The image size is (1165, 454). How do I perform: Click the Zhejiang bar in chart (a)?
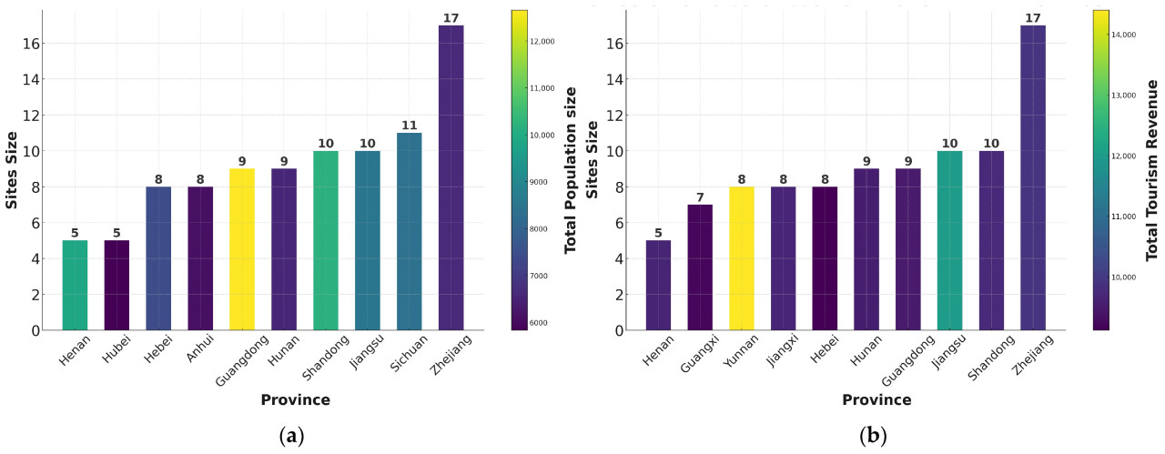coord(451,177)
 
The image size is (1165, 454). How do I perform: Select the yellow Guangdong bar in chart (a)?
coord(242,249)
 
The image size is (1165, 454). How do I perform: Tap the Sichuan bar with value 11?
coord(409,231)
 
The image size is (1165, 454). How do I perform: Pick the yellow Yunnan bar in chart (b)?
coord(742,258)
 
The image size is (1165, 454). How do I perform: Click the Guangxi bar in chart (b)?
coord(700,267)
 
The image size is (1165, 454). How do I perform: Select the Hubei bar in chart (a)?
coord(116,285)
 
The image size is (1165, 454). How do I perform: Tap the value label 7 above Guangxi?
coord(700,197)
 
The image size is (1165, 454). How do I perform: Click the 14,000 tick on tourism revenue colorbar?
coord(1127,35)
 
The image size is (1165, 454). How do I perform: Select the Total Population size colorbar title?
coord(572,169)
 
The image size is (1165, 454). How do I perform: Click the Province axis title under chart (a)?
coord(295,400)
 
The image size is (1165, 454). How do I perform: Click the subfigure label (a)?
coord(290,436)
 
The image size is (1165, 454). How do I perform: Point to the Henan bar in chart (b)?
coord(658,285)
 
